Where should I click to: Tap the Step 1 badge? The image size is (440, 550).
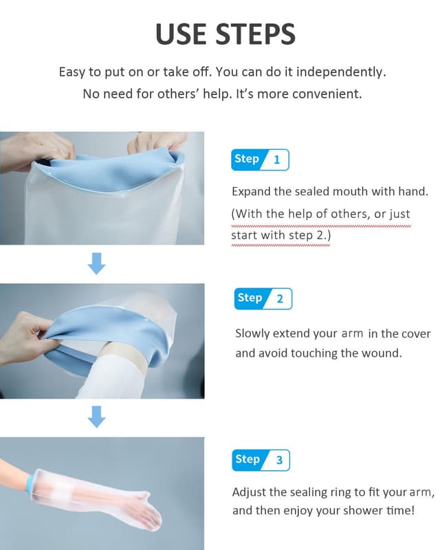coord(260,159)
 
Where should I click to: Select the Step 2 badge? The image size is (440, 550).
coord(263,298)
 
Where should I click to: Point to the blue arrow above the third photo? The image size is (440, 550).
coord(98,417)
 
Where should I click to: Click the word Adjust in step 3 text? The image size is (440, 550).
coord(249,493)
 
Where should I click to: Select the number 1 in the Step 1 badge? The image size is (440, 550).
coord(276,160)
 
